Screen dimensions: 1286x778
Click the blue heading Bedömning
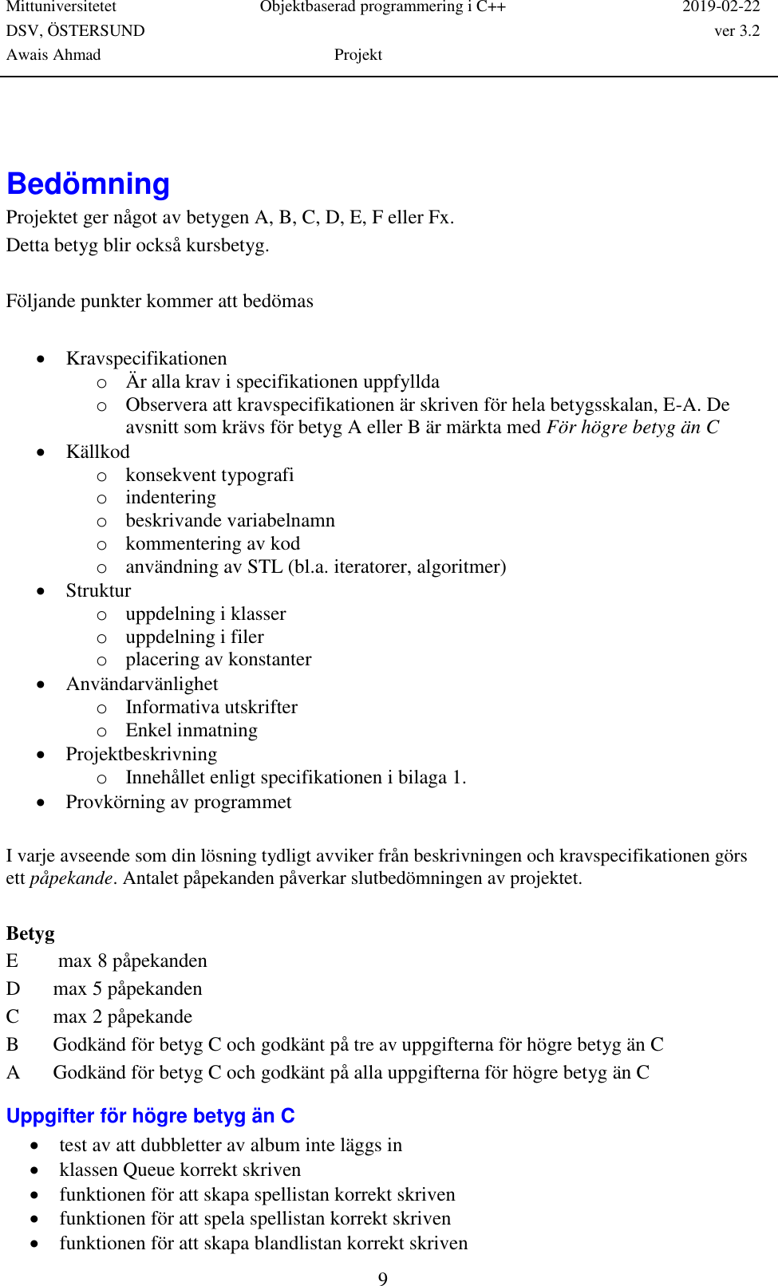click(88, 184)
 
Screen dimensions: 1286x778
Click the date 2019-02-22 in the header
click(721, 7)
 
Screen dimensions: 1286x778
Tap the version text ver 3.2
click(737, 31)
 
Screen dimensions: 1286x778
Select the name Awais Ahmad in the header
click(53, 55)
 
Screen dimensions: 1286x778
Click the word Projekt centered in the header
click(357, 55)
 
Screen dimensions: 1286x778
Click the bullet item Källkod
click(97, 452)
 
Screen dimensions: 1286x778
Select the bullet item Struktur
click(98, 590)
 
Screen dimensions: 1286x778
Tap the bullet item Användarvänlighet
click(142, 684)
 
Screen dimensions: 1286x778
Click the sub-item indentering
click(171, 497)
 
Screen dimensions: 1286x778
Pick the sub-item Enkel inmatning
click(192, 730)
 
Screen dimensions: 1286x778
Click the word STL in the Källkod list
click(265, 566)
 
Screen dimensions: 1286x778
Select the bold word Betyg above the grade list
click(30, 933)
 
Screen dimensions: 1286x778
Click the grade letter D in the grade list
click(13, 989)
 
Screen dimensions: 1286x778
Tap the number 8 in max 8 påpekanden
click(102, 961)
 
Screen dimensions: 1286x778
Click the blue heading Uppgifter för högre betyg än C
click(151, 1115)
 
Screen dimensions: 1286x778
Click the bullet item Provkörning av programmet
click(179, 802)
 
